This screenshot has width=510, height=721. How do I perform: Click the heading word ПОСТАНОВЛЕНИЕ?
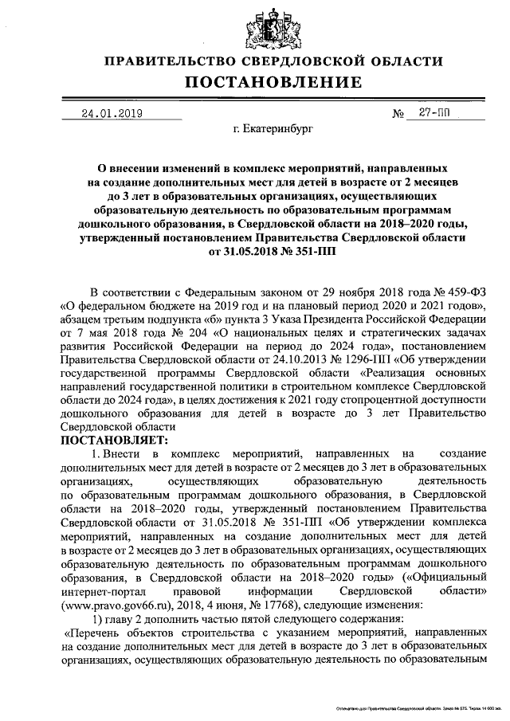pyautogui.click(x=273, y=83)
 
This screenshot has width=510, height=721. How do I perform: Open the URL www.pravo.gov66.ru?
pyautogui.click(x=115, y=605)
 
